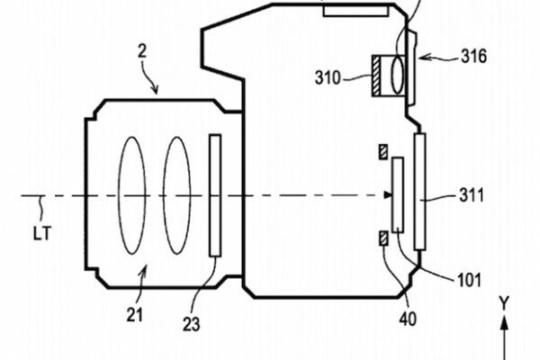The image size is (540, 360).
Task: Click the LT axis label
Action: coord(40,232)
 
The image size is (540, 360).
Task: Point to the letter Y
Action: coord(505,304)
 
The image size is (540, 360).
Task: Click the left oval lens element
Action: coord(132,194)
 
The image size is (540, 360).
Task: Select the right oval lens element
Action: coord(175,194)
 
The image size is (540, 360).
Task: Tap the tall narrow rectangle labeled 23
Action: coord(214,194)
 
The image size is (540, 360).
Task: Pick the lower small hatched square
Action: coord(385,238)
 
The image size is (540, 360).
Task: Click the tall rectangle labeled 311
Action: coord(419,191)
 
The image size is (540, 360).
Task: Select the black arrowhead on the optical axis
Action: coord(388,194)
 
